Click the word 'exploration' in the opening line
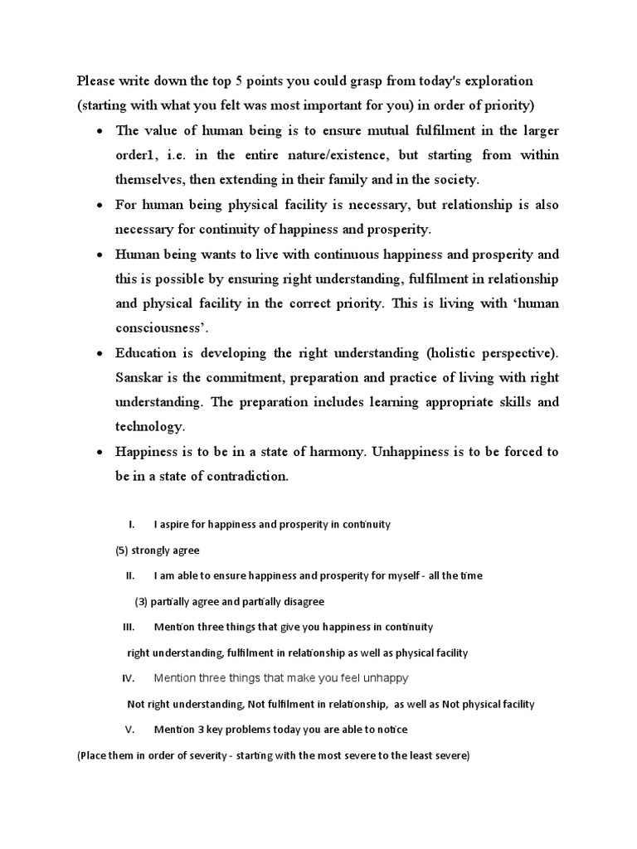tap(498, 81)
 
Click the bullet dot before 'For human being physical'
tap(100, 205)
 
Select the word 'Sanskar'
tap(139, 377)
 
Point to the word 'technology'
tap(148, 426)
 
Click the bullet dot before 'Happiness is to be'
tap(100, 452)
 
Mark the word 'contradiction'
tap(244, 476)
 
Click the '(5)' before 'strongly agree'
tap(121, 551)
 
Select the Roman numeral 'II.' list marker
tap(130, 575)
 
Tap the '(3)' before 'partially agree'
tap(142, 601)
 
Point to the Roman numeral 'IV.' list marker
tap(129, 678)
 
